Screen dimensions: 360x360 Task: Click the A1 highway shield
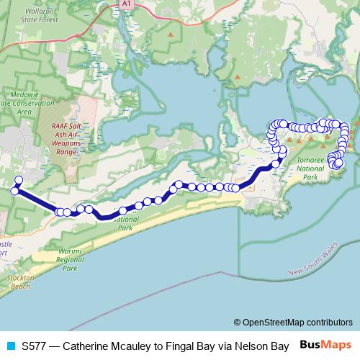pyautogui.click(x=126, y=4)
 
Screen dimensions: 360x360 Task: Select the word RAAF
pyautogui.click(x=60, y=127)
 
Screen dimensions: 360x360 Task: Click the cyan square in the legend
pyautogui.click(x=12, y=345)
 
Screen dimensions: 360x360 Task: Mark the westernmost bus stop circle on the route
pyautogui.click(x=14, y=191)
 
